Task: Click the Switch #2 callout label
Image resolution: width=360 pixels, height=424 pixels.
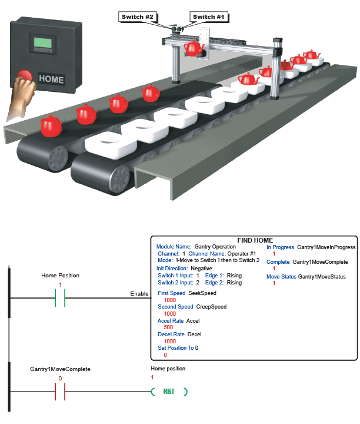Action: [137, 17]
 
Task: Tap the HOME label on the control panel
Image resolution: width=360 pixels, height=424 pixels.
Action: [51, 78]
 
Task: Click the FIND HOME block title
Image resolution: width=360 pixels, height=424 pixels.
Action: [255, 240]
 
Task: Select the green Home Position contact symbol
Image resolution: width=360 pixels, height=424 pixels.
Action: [59, 299]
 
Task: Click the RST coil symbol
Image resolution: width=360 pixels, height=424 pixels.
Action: [169, 392]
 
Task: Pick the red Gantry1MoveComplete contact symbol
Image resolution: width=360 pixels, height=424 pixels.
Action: [59, 392]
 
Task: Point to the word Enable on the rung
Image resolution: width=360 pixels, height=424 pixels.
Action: [139, 293]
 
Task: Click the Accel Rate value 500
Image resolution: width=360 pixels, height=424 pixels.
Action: [168, 327]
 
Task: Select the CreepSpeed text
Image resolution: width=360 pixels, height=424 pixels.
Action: [211, 307]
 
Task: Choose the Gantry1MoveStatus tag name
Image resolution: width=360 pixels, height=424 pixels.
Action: [322, 276]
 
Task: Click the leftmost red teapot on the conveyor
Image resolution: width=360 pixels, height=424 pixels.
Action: [50, 125]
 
